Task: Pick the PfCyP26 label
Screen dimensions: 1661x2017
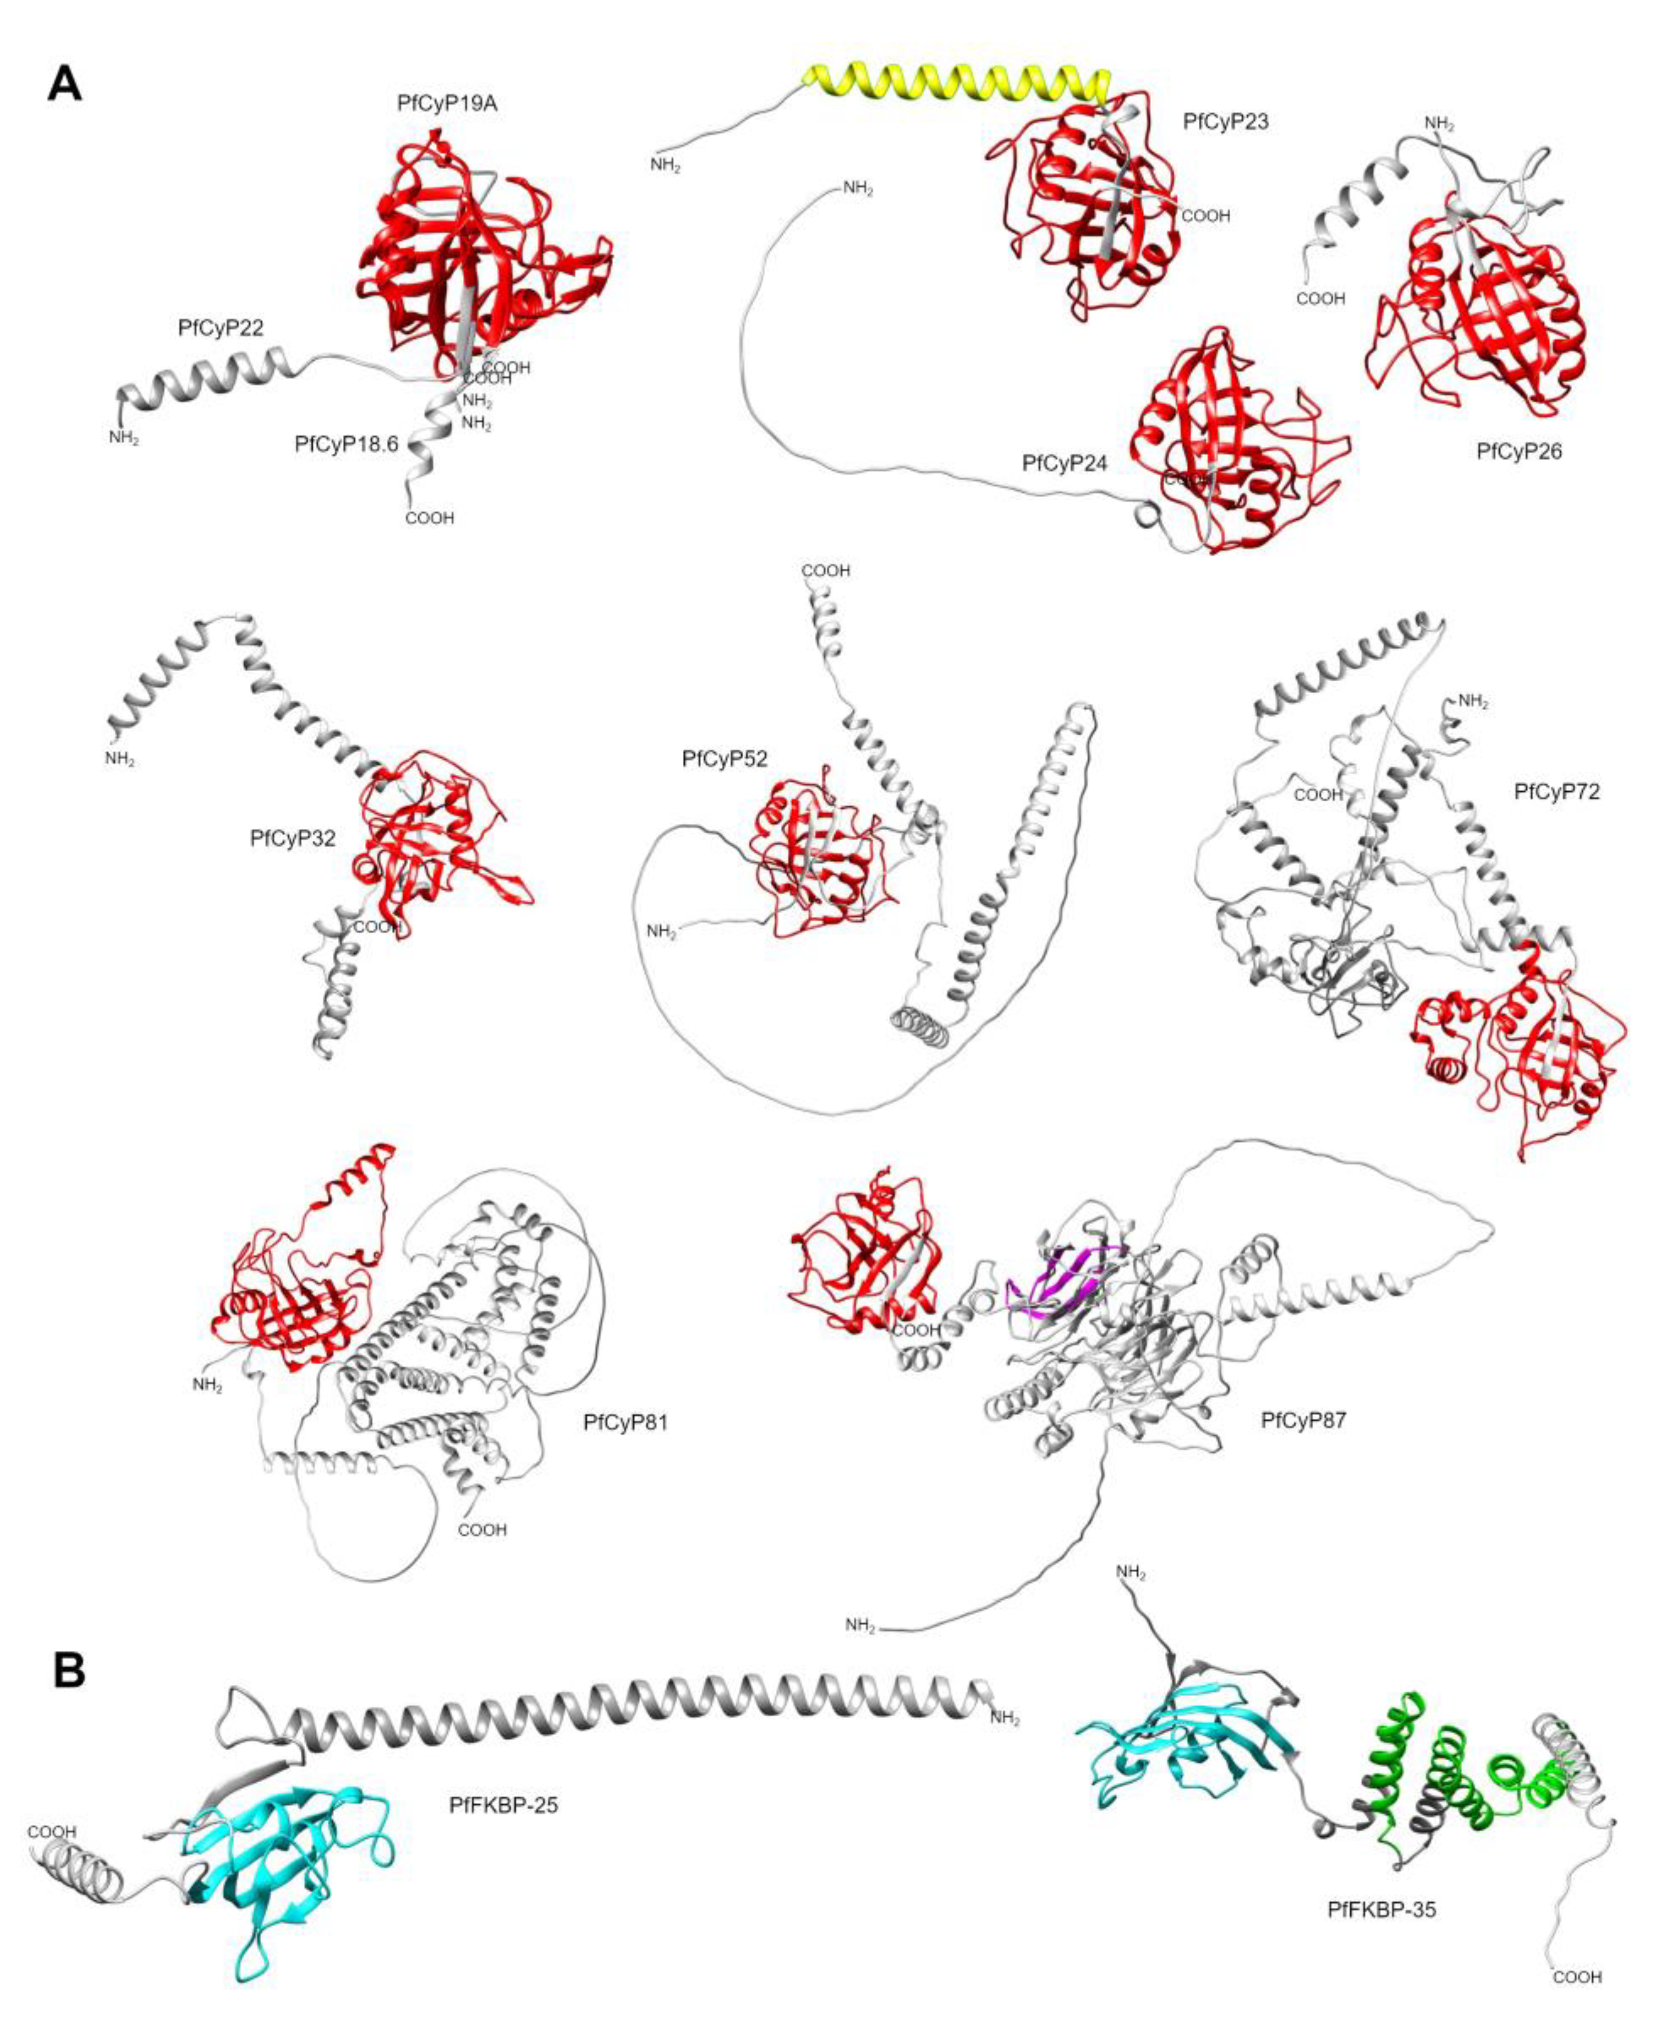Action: pyautogui.click(x=1519, y=452)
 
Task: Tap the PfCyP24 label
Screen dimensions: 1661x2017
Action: pyautogui.click(x=1064, y=464)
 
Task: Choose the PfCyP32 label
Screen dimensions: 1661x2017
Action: pyautogui.click(x=293, y=839)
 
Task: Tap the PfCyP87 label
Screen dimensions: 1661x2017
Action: pyautogui.click(x=1303, y=1421)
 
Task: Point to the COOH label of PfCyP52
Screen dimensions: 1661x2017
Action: pyautogui.click(x=826, y=571)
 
